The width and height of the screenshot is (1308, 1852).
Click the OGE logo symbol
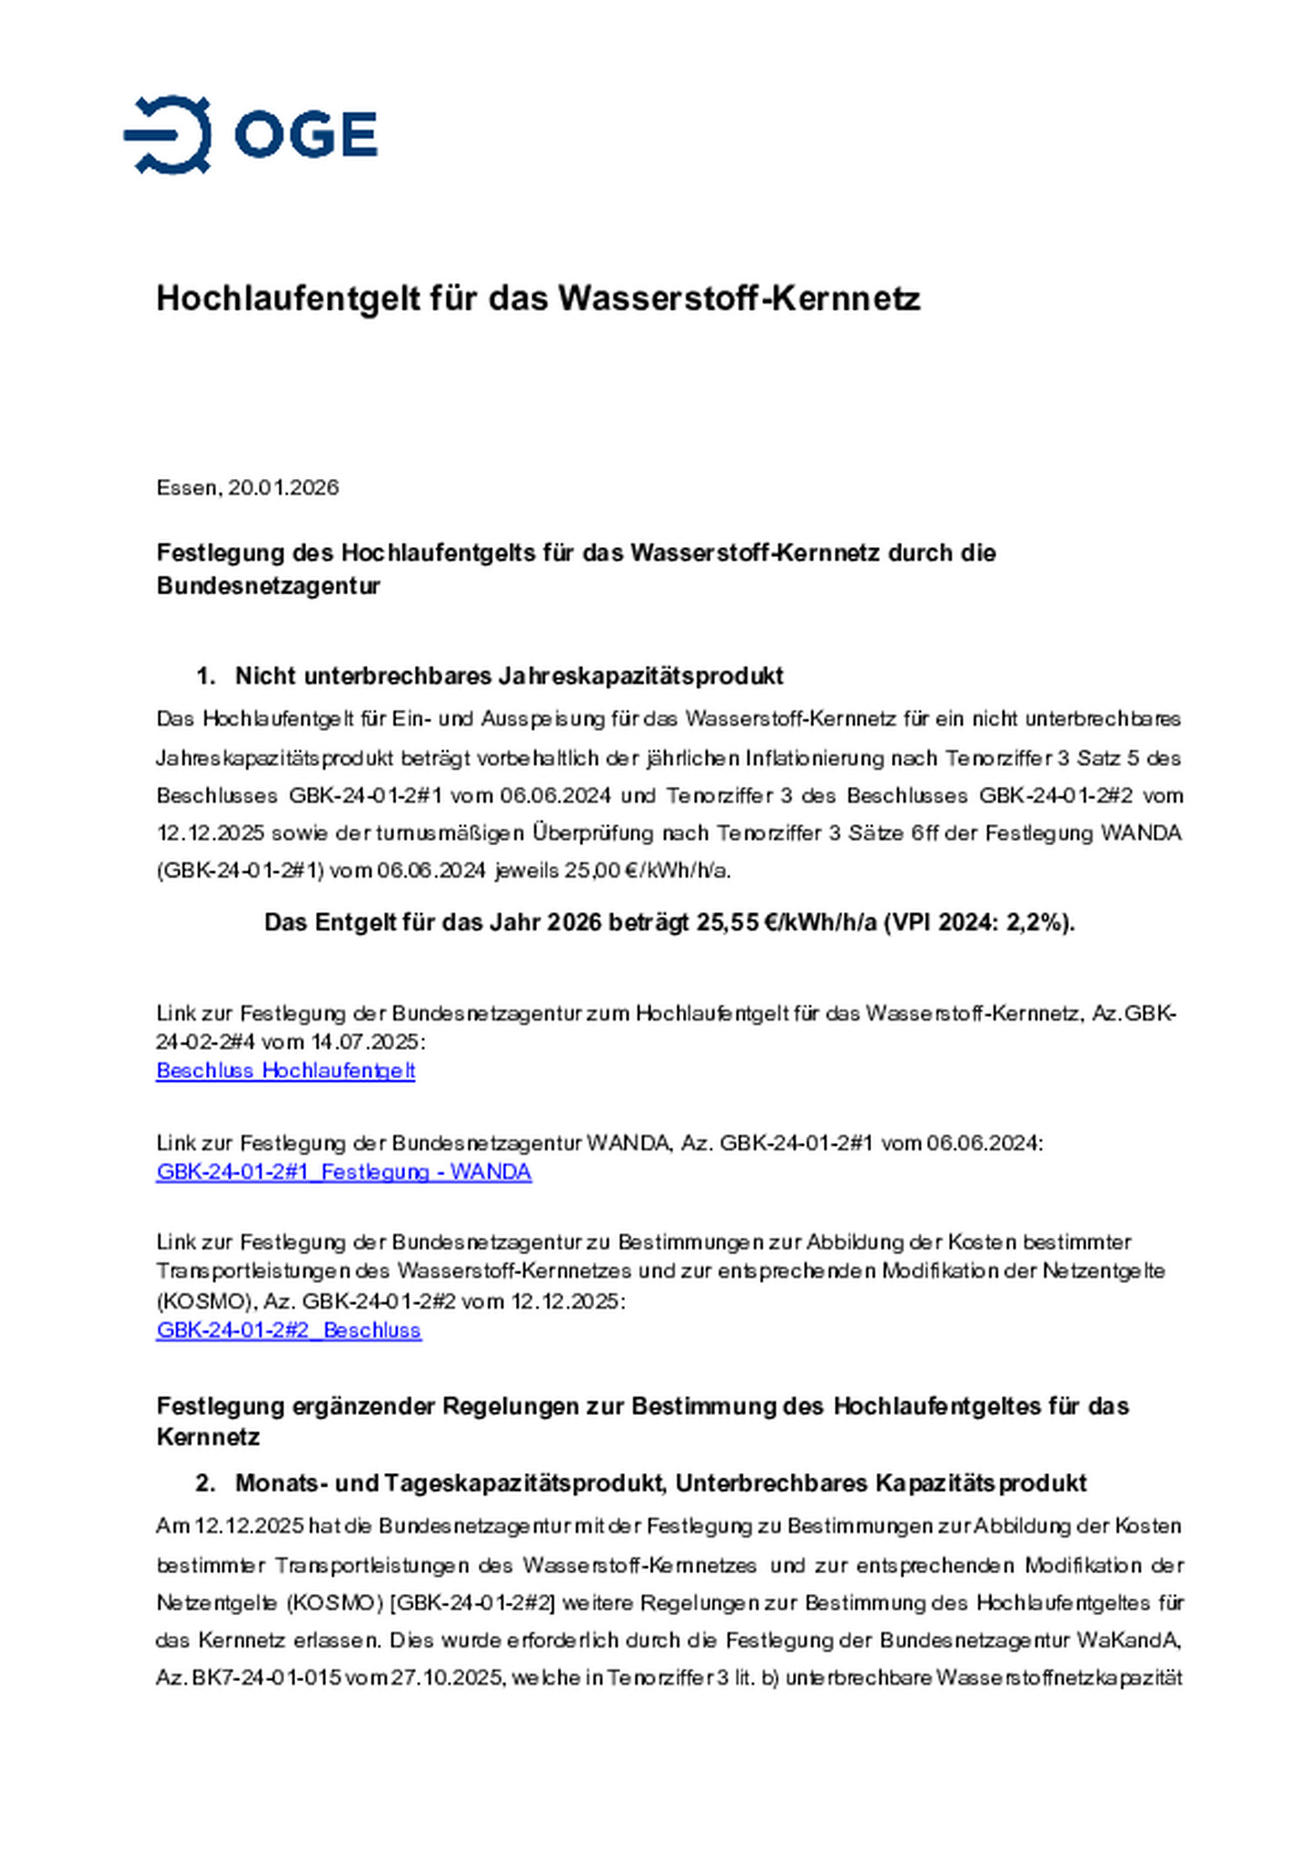[169, 134]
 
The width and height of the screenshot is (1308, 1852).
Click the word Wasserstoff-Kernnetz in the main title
[738, 298]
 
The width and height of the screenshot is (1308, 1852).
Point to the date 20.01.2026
[283, 488]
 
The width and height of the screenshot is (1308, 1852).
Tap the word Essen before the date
[187, 488]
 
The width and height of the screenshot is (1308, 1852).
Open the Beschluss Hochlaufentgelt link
[285, 1070]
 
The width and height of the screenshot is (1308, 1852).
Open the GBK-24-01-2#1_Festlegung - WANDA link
[343, 1171]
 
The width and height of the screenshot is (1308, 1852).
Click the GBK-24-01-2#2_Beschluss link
[289, 1330]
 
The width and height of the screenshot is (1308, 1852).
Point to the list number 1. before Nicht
[205, 676]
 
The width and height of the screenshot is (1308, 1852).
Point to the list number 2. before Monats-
[205, 1483]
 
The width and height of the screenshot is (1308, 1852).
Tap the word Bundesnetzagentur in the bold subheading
[268, 585]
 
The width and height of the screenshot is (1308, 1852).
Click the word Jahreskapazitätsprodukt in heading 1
[639, 676]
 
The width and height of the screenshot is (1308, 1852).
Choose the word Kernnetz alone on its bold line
[208, 1437]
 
